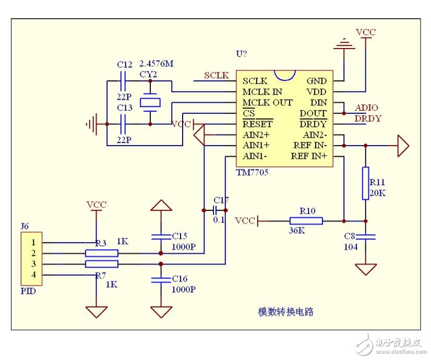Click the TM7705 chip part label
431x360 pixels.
(252, 173)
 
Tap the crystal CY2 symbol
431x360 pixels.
(150, 103)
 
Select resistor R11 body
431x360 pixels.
(365, 183)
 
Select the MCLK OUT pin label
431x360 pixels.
(267, 102)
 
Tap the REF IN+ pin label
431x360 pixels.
(309, 156)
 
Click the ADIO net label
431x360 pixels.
(367, 108)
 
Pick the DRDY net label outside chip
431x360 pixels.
(368, 118)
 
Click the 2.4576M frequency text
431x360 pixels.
(156, 64)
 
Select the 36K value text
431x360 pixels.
(297, 230)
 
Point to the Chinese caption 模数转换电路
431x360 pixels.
(286, 311)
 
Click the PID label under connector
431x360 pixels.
(28, 291)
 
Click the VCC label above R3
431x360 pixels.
(96, 205)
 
